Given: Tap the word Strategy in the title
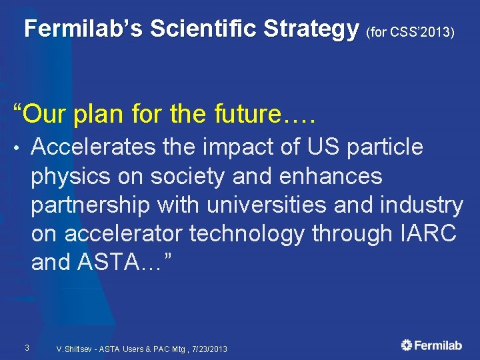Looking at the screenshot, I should (x=311, y=29).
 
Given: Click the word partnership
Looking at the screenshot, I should (x=89, y=205).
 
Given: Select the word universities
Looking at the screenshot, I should (x=259, y=205).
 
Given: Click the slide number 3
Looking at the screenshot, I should (x=26, y=347).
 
